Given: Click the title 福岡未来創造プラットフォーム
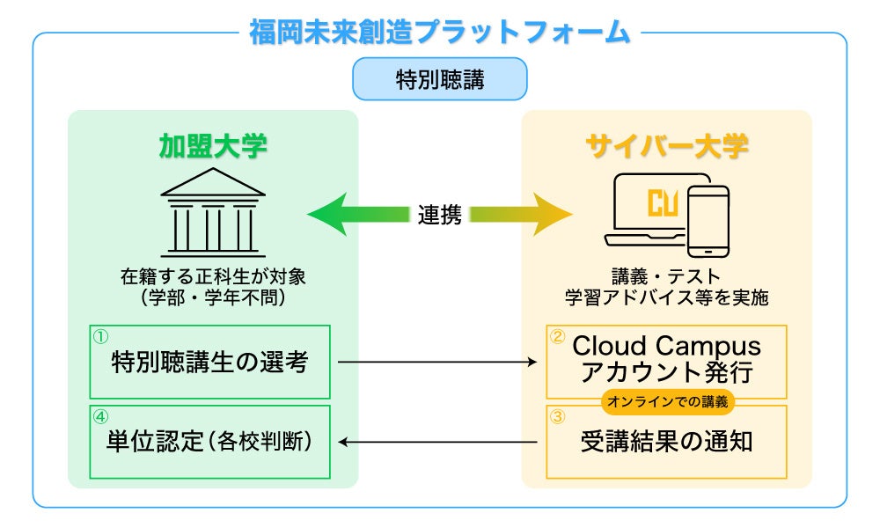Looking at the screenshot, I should tap(439, 32).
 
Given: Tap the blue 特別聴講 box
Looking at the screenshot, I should tap(439, 79).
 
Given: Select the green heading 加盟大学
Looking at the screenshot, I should tap(213, 145).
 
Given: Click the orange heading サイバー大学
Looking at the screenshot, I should tap(666, 145).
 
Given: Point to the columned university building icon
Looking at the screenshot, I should tap(213, 211).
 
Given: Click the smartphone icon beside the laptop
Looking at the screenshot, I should tap(708, 220).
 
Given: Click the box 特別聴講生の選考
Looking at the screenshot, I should tap(210, 362).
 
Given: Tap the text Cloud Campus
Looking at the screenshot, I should tap(666, 346).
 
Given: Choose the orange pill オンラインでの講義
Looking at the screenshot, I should tap(666, 402).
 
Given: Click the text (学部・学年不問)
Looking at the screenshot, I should tap(213, 297).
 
